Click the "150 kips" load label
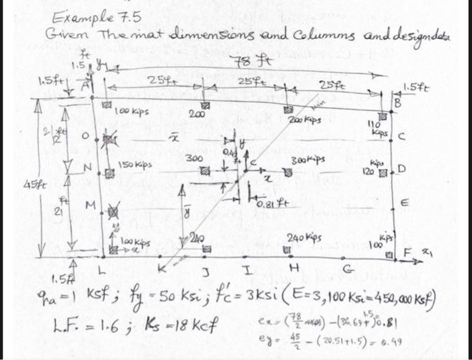pyautogui.click(x=134, y=164)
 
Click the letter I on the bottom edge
pyautogui.click(x=249, y=271)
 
